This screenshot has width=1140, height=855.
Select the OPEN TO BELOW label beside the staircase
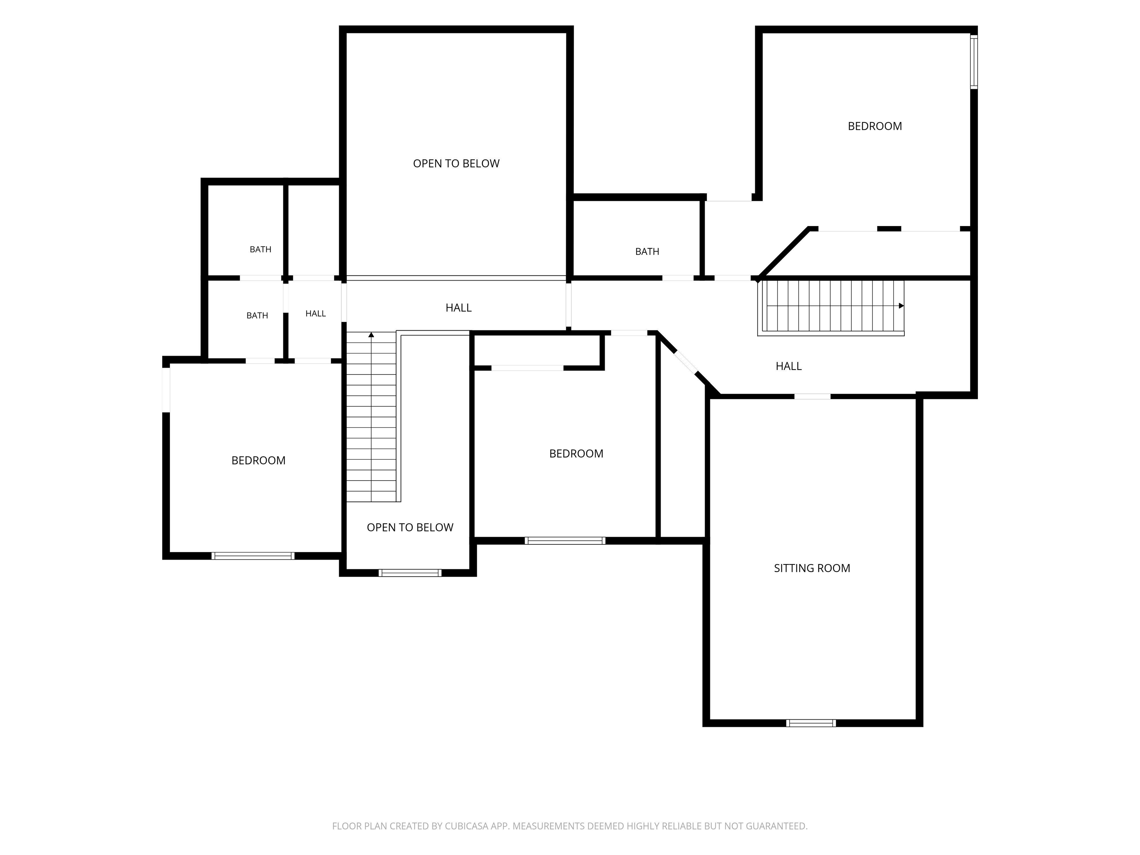(410, 527)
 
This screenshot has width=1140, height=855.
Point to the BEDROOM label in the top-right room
(875, 126)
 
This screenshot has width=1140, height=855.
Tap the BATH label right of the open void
(647, 252)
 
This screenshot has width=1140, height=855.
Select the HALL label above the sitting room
(789, 366)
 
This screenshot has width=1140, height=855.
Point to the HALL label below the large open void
(459, 308)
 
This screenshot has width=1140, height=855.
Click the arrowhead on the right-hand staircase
(901, 306)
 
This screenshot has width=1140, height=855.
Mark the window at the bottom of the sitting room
(811, 723)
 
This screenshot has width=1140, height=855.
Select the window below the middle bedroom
(565, 541)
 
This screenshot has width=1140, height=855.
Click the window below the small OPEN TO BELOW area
(410, 573)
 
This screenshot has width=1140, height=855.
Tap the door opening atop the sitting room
(812, 396)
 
